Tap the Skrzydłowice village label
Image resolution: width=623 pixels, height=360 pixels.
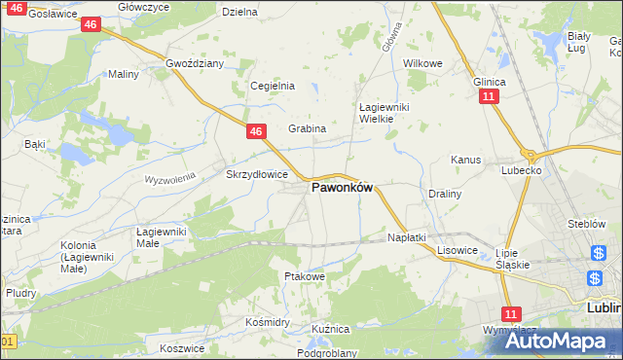256,175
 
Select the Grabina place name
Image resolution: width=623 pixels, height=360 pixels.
307,128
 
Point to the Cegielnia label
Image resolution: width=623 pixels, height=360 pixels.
273,86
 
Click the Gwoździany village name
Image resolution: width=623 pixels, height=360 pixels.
195,63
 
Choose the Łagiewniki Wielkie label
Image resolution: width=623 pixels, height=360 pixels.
376,113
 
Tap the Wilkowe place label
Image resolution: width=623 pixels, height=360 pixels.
422,63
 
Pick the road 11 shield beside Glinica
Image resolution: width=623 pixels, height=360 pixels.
489,98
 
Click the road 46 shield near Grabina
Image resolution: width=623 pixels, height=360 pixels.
255,130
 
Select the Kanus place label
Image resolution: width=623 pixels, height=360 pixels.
466,160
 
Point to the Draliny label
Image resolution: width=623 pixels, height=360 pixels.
444,194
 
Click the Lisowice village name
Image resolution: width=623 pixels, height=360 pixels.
457,250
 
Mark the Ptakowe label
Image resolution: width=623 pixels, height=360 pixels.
304,277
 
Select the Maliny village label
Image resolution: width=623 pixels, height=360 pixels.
124,74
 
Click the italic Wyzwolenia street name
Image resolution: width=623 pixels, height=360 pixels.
170,179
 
